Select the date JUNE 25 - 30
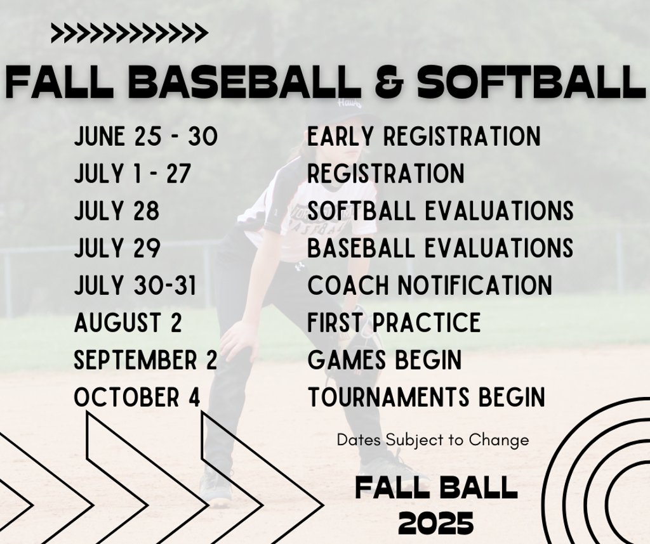pyautogui.click(x=146, y=136)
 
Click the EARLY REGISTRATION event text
pyautogui.click(x=424, y=136)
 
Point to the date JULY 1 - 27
pyautogui.click(x=133, y=174)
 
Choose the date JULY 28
pyautogui.click(x=117, y=211)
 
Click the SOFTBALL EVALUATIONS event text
pyautogui.click(x=441, y=211)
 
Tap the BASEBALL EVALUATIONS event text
pyautogui.click(x=441, y=248)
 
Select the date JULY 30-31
pyautogui.click(x=135, y=285)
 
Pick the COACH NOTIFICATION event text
pyautogui.click(x=430, y=285)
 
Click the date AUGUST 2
pyautogui.click(x=128, y=323)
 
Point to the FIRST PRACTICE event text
pyautogui.click(x=394, y=323)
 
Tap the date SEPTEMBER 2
pyautogui.click(x=146, y=360)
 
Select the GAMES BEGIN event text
pyautogui.click(x=385, y=360)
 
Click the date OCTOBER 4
pyautogui.click(x=137, y=398)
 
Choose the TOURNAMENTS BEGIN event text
pyautogui.click(x=427, y=398)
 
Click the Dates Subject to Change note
pyautogui.click(x=433, y=439)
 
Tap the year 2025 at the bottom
pyautogui.click(x=436, y=523)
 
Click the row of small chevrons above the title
pyautogui.click(x=129, y=32)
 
